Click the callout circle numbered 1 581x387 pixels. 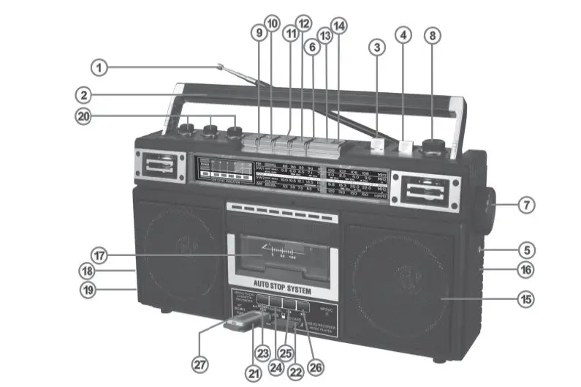coord(99,68)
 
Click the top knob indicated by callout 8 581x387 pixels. coord(433,143)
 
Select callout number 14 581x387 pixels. coord(338,25)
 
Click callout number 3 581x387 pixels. coord(376,49)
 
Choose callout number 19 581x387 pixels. coord(88,290)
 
